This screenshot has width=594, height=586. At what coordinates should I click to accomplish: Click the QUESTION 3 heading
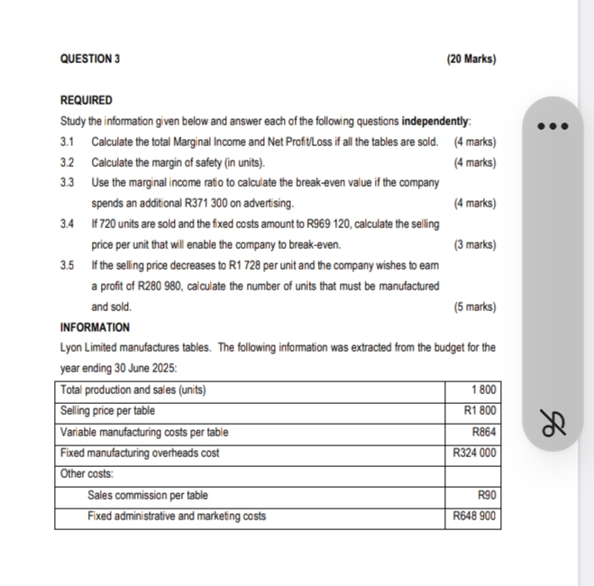[x=89, y=60]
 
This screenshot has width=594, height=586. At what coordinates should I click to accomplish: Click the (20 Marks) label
[x=471, y=60]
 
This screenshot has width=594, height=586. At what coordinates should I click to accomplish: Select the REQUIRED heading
[x=87, y=100]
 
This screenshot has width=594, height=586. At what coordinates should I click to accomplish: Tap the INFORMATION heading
[x=95, y=327]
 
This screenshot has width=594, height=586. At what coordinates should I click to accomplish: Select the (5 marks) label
[x=475, y=307]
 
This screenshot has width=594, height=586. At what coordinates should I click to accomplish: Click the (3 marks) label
[x=475, y=245]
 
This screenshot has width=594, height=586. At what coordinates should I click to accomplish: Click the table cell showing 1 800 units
[x=484, y=390]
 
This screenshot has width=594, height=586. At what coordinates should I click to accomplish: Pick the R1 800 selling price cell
[x=478, y=411]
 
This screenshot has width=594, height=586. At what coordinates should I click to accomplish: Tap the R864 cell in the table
[x=484, y=432]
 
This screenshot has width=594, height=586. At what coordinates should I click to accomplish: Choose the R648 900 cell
[x=474, y=517]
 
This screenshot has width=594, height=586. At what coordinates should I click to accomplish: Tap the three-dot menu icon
[x=553, y=126]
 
